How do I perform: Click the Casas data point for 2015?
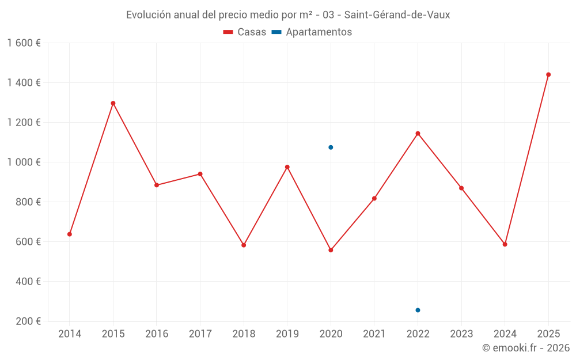113,103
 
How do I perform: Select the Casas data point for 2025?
548,74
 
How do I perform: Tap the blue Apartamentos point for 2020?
331,147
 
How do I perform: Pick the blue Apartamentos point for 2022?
418,310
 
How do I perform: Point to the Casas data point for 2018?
244,245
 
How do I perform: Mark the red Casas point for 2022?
418,133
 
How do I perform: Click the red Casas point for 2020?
331,250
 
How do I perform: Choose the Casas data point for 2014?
70,234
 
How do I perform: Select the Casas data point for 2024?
505,244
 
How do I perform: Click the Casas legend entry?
245,32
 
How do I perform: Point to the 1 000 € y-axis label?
24,162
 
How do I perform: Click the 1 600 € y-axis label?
24,43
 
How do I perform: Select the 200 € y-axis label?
28,321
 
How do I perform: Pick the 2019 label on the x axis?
287,334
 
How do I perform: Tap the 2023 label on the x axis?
461,334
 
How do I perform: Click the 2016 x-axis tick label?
157,334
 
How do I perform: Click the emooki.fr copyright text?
526,348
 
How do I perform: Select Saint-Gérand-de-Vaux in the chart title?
397,15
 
